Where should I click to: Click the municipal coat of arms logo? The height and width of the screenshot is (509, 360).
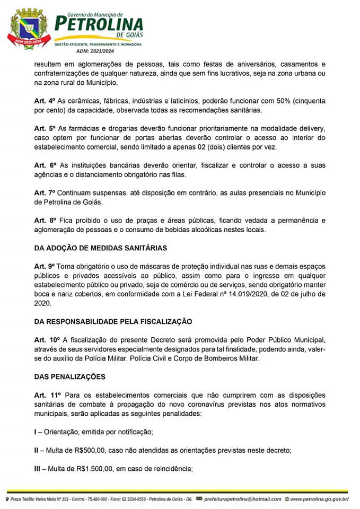click(29, 29)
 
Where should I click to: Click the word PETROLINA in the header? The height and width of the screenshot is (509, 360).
click(99, 24)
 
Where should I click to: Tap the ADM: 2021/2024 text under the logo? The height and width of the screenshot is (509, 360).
click(95, 51)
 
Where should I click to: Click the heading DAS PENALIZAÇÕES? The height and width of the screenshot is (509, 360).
click(69, 376)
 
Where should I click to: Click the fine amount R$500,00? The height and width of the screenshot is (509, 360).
click(88, 450)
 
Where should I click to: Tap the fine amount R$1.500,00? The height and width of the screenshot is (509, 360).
click(94, 468)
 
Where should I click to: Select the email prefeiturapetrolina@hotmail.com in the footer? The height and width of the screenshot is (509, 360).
click(242, 499)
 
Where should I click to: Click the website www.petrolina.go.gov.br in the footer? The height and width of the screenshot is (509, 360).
click(319, 499)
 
